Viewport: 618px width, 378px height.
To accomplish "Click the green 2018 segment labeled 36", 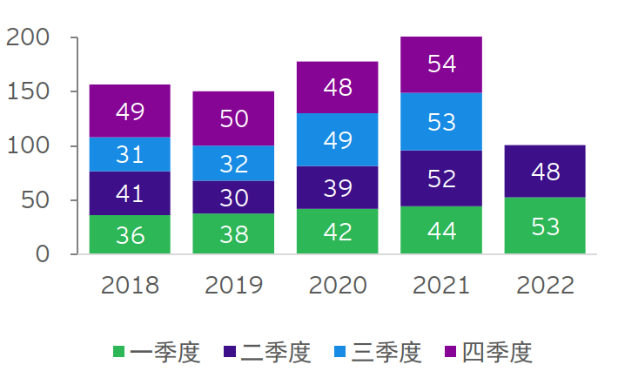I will coord(130,234).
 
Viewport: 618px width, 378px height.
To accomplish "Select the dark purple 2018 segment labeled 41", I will coord(130,193).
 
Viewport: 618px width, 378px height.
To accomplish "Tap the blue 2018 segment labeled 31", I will coord(130,154).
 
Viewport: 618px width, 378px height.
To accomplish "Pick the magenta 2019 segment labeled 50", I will coord(233,118).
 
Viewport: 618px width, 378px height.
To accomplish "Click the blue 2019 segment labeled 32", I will coord(233,163).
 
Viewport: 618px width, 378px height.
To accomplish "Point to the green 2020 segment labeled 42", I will coord(338,232).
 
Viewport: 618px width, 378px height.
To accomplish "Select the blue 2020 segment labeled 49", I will coord(338,139).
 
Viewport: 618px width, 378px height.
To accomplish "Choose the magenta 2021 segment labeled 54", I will coord(441,64).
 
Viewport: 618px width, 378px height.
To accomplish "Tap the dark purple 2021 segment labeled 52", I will coord(441,179).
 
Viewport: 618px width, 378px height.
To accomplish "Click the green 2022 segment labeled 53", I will coord(545,226).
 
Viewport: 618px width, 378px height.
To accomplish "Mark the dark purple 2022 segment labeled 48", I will coord(545,172).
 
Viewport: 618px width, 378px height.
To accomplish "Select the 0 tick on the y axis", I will coord(44,254).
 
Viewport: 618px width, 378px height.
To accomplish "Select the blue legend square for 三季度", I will coord(341,352).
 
